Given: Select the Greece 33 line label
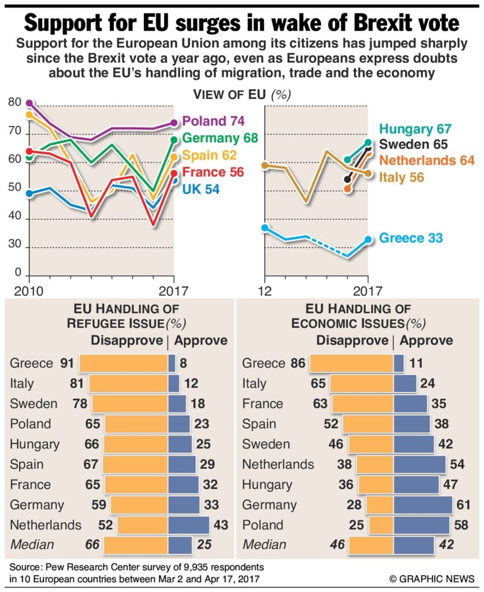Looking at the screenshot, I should click(x=411, y=238).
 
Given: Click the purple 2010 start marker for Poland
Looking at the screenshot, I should click(x=29, y=103).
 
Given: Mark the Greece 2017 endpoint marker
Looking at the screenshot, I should click(x=368, y=239).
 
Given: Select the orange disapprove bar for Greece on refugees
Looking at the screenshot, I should click(x=124, y=363).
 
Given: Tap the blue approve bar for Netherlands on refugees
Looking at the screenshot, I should click(x=189, y=525).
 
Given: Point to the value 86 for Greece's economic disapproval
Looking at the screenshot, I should click(x=297, y=364).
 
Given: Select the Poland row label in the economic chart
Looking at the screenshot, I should click(x=263, y=525).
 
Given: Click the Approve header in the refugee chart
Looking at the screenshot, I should click(x=201, y=341).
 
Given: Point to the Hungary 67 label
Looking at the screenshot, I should click(x=415, y=129).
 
